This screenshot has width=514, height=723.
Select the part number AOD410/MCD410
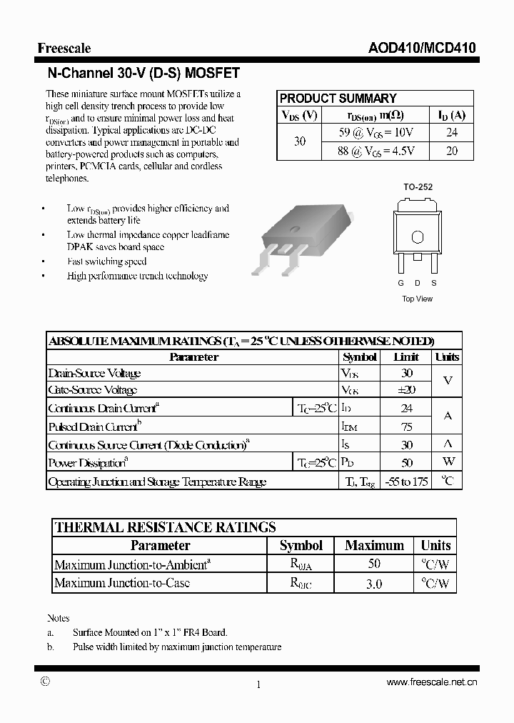coord(422,49)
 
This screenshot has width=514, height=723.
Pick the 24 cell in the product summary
coord(451,132)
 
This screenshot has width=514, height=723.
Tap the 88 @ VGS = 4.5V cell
coord(378,151)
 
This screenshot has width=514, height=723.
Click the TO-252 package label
coord(418,187)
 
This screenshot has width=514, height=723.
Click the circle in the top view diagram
coord(418,236)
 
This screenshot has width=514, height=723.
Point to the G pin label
coord(400,283)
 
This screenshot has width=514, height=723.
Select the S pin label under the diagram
coord(434,283)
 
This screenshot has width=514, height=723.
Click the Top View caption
coord(417,299)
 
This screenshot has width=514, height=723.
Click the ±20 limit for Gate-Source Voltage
coord(406,390)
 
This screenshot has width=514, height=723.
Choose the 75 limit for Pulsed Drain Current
coord(406,427)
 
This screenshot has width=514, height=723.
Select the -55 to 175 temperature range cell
coord(405,482)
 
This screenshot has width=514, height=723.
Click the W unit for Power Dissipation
coord(448,463)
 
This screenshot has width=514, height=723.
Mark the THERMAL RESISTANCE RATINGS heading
coord(166,528)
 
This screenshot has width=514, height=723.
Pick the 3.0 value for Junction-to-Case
coord(374,584)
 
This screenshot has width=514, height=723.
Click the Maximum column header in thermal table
coord(374,546)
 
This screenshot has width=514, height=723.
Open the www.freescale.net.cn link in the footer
coord(431,683)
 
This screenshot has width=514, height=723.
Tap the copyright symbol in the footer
coord(45,682)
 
